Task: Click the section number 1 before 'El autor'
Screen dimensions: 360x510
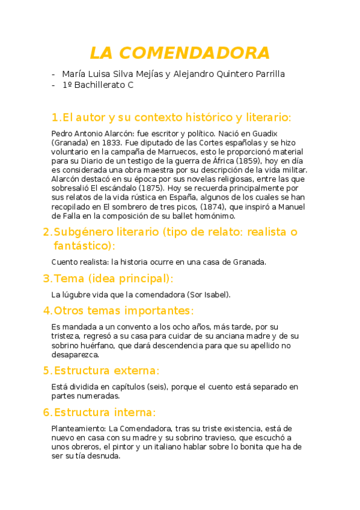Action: click(55, 117)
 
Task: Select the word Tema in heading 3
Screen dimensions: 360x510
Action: click(68, 278)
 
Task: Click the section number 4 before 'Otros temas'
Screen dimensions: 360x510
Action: click(46, 311)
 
